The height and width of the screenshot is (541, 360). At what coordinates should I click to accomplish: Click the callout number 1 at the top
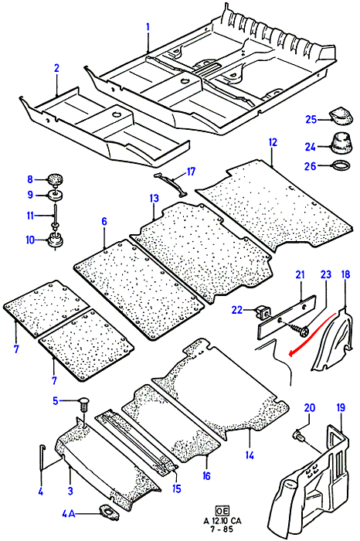point(148,26)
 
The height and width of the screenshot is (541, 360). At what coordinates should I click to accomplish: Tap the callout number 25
point(311,119)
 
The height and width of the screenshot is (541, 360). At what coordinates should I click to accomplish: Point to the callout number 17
point(191,172)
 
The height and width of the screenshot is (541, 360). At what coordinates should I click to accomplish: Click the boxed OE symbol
point(222,511)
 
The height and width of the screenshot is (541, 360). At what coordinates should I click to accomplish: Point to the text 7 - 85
point(222,529)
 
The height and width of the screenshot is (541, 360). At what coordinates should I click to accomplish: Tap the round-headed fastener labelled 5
point(84,403)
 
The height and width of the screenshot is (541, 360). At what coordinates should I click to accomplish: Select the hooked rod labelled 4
point(42,457)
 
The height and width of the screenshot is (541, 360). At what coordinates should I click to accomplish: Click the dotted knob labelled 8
point(55,179)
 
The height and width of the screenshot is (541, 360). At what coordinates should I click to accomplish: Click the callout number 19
point(340,408)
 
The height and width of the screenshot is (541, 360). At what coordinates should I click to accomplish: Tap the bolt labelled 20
point(299,435)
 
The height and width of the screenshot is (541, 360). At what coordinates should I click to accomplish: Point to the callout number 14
point(250,455)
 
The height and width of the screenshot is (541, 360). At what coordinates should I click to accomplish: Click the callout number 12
point(273,142)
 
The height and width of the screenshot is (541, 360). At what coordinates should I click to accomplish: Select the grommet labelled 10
point(55,240)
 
